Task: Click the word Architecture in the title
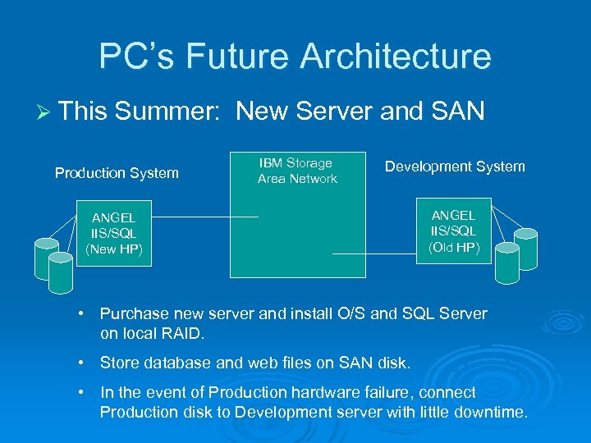coord(396,57)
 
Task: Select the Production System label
coord(117,173)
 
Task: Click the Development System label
coord(455,167)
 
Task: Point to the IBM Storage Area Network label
coord(297,171)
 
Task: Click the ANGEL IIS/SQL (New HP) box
coord(114,233)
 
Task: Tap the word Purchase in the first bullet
coord(133,314)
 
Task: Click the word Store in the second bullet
coord(118,363)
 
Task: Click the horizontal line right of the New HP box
coord(205,217)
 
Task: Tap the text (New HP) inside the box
coord(114,249)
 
